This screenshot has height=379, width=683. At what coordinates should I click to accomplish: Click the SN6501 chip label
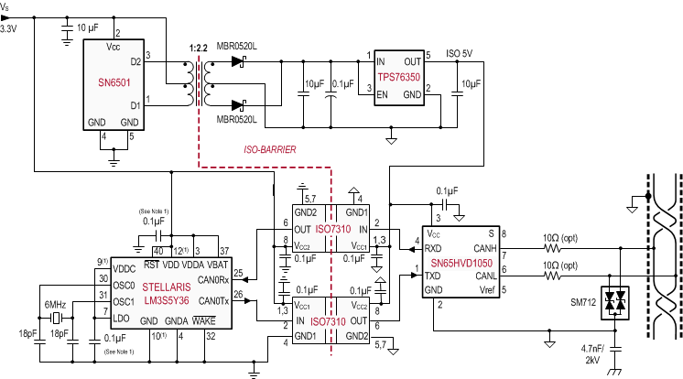click(x=114, y=81)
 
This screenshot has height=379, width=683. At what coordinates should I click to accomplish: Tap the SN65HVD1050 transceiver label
click(x=461, y=263)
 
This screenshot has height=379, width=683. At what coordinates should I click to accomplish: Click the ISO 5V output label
click(x=461, y=53)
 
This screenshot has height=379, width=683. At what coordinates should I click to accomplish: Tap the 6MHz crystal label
click(x=54, y=304)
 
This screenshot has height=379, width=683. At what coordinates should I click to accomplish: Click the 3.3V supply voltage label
click(x=8, y=29)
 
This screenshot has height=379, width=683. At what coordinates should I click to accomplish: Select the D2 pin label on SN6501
click(x=136, y=62)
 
